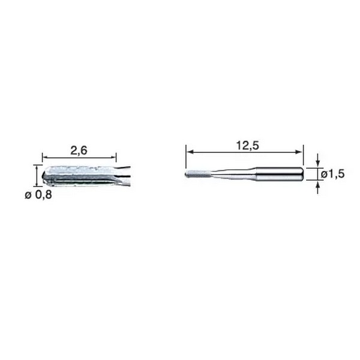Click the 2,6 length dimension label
79,151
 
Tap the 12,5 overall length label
247,146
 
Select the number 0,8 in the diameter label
43,195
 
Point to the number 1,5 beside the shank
337,174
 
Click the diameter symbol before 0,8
28,196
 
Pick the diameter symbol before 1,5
324,175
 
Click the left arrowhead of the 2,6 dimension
45,157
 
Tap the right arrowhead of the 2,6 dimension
113,157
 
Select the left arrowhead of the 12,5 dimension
189,152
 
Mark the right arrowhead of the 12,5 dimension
300,152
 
